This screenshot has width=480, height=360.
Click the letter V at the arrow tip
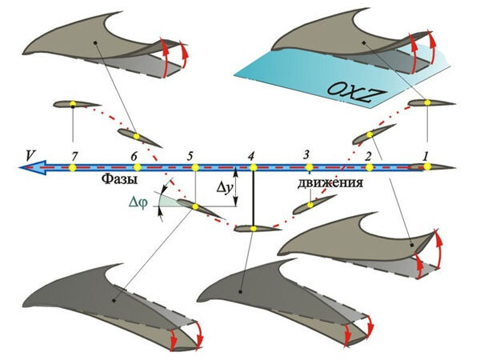tap(30, 153)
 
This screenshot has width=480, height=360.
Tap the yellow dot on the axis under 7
tap(72, 167)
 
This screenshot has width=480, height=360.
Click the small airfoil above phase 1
tap(430, 102)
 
